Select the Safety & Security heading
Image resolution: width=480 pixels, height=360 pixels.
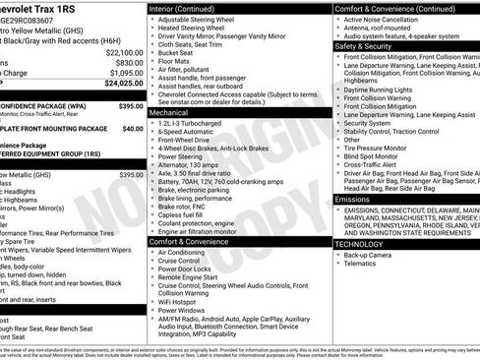tap(361, 46)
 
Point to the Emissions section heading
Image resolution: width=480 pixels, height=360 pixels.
tap(352, 199)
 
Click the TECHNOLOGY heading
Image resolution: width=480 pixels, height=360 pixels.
tap(358, 243)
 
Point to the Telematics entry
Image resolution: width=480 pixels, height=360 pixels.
tap(361, 264)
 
